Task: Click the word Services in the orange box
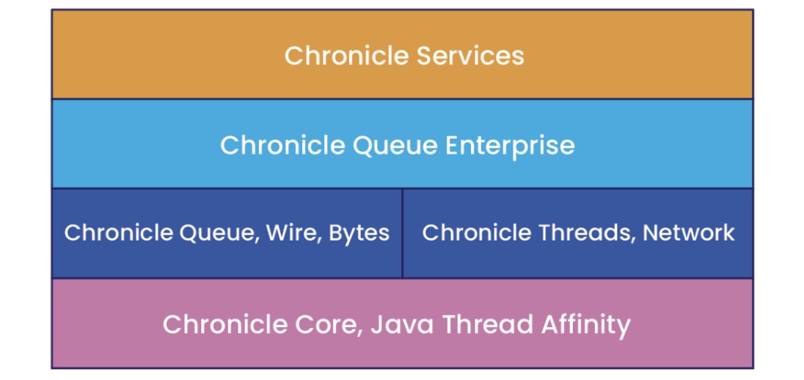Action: (470, 55)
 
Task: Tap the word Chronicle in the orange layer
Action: (347, 55)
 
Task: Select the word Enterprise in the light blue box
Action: (510, 146)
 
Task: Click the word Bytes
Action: (359, 233)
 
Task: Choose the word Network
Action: (689, 233)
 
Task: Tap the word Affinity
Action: (580, 325)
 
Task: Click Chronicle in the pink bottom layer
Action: (225, 324)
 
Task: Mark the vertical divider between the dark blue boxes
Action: (403, 233)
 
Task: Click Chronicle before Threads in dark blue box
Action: (477, 233)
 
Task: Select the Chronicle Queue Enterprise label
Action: (398, 147)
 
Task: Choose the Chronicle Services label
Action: (404, 55)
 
